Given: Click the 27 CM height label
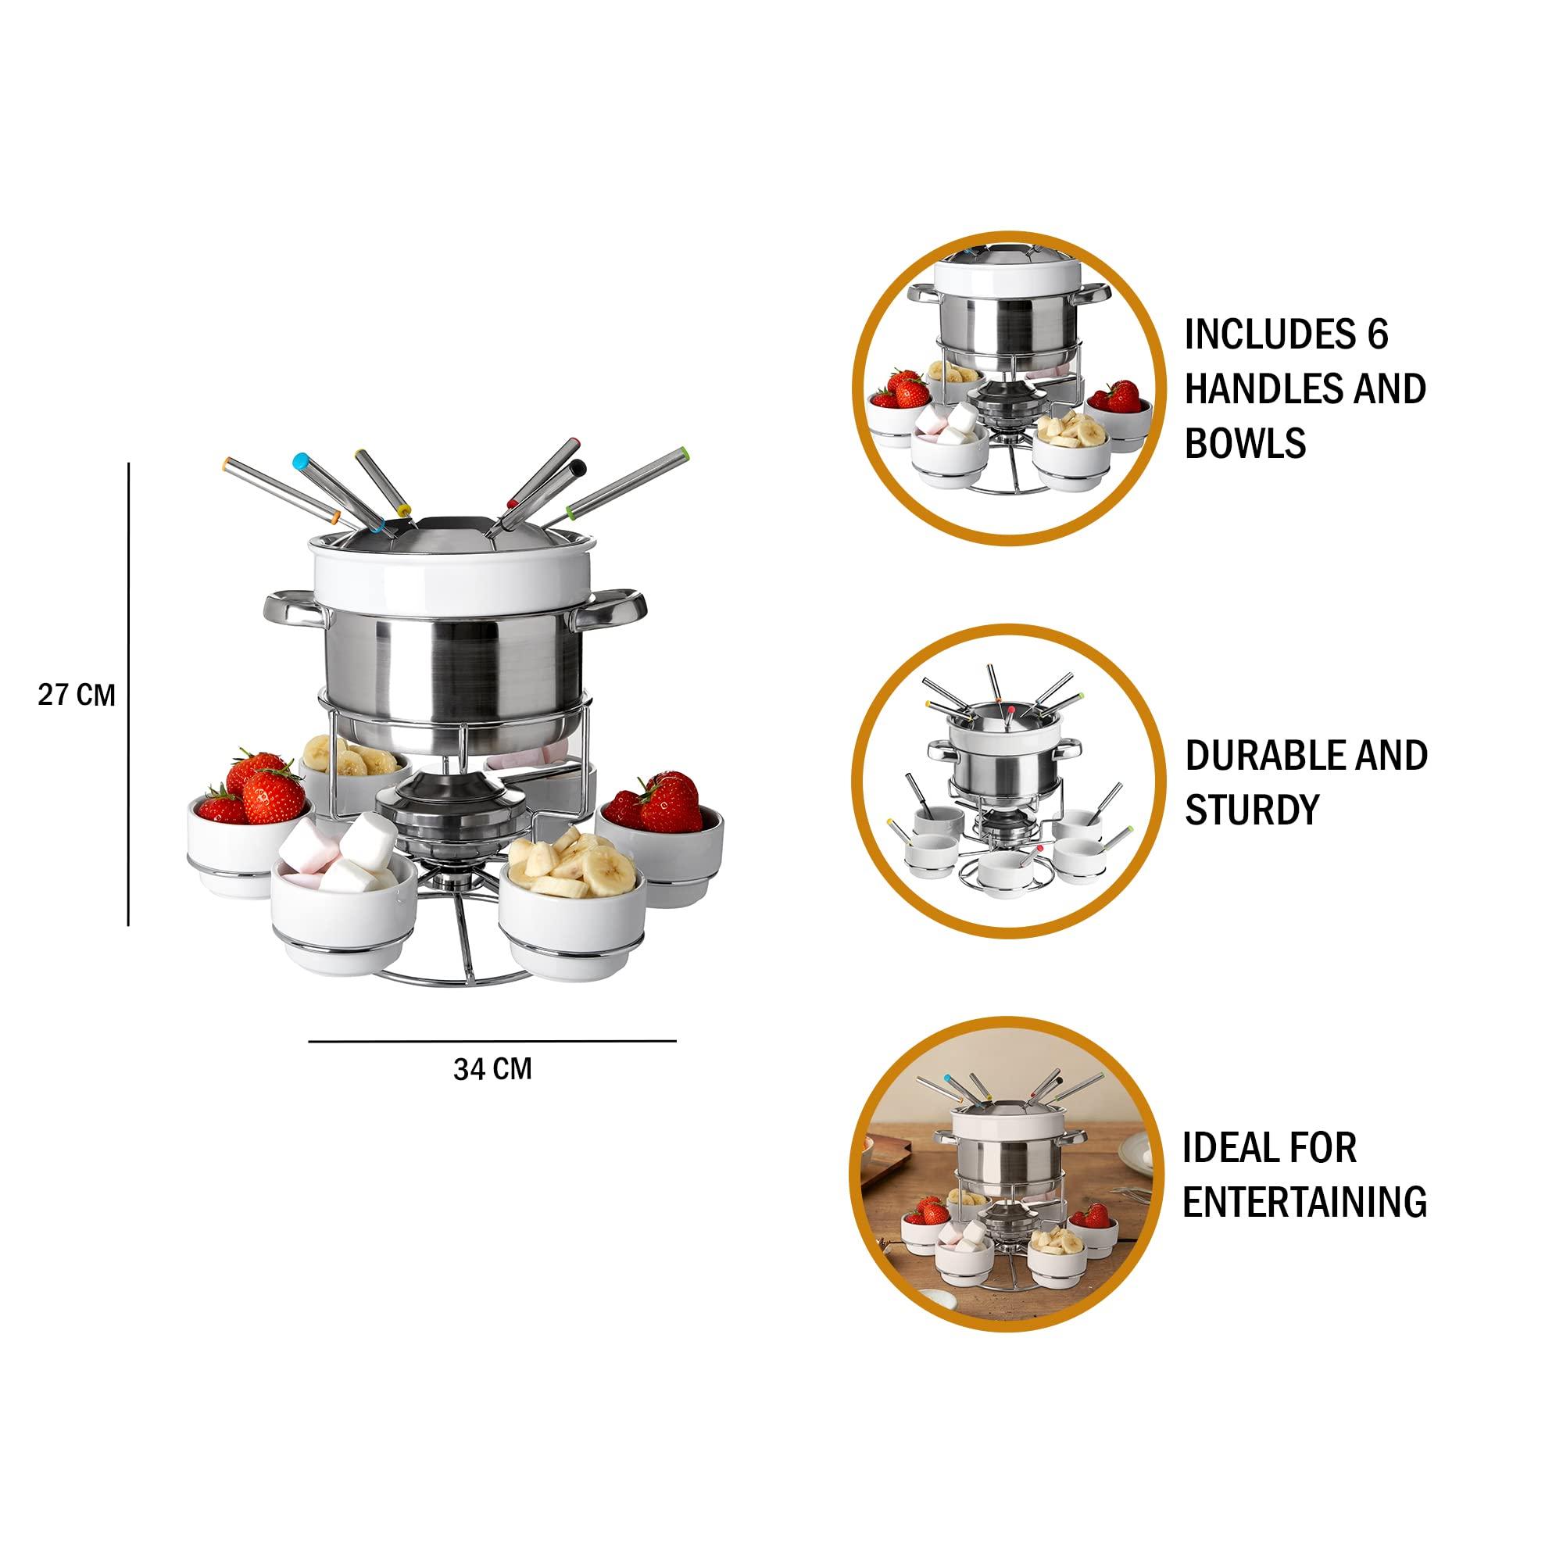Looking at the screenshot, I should tap(77, 695).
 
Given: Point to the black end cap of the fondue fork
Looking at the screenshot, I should tap(578, 467).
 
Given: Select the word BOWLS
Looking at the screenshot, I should tap(1245, 443).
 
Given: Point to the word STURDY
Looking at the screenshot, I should tap(1252, 809).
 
